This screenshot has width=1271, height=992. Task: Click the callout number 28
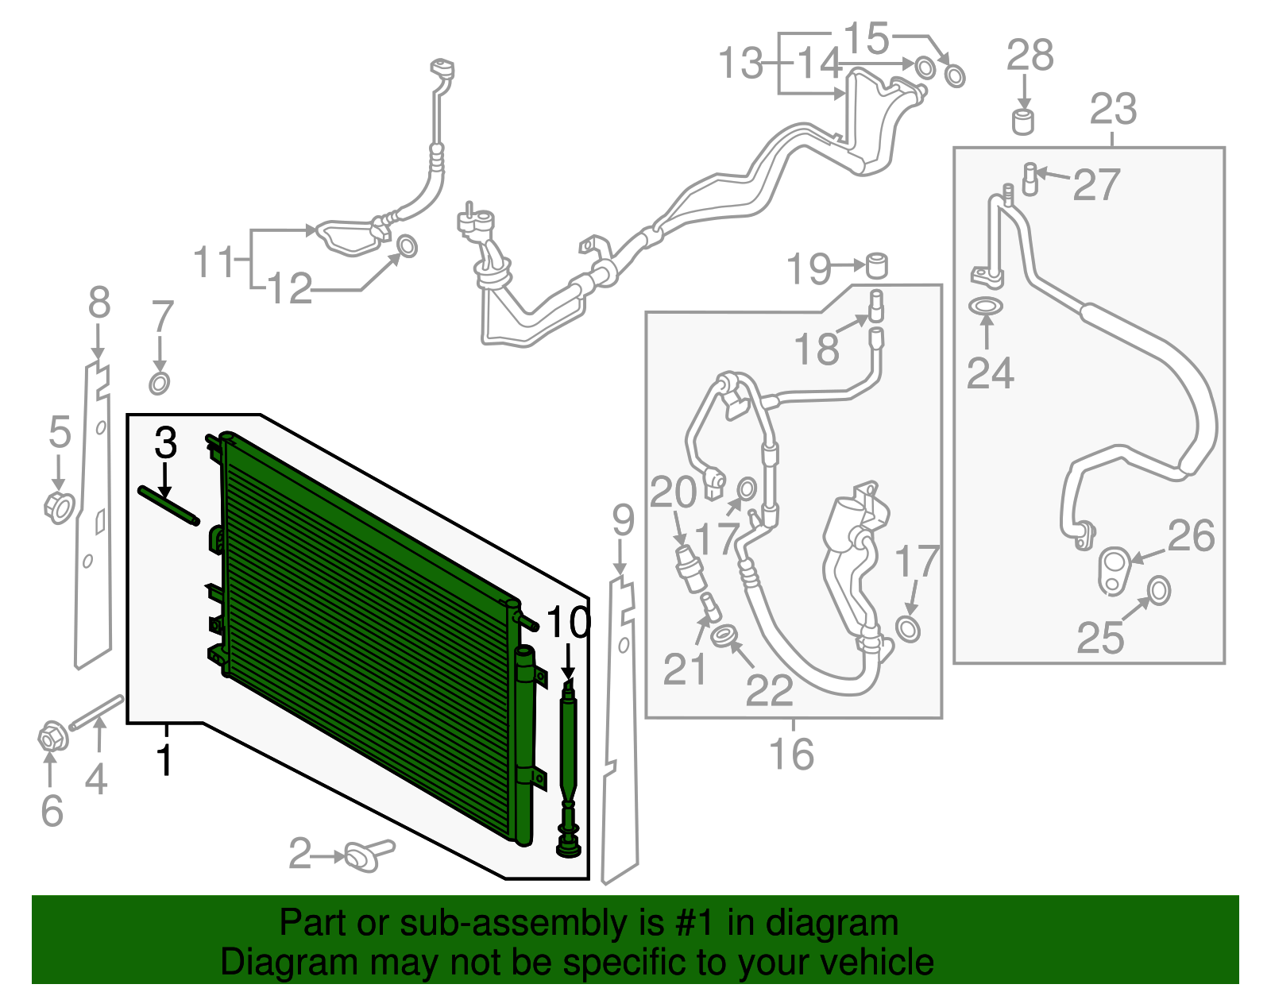click(1030, 56)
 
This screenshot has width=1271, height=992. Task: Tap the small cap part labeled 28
click(1023, 122)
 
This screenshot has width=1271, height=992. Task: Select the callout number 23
click(1113, 109)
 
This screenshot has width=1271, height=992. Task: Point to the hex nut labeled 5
click(58, 507)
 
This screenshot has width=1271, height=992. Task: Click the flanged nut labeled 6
click(52, 739)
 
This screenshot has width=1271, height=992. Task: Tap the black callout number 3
click(165, 442)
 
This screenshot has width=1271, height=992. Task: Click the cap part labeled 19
click(876, 264)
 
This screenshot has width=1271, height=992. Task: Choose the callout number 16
click(791, 754)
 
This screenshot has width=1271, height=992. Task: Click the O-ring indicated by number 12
click(406, 246)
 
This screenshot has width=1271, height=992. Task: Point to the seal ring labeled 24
click(986, 306)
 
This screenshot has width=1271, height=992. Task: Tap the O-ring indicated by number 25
click(1159, 590)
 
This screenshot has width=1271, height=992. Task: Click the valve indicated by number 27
click(1030, 178)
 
